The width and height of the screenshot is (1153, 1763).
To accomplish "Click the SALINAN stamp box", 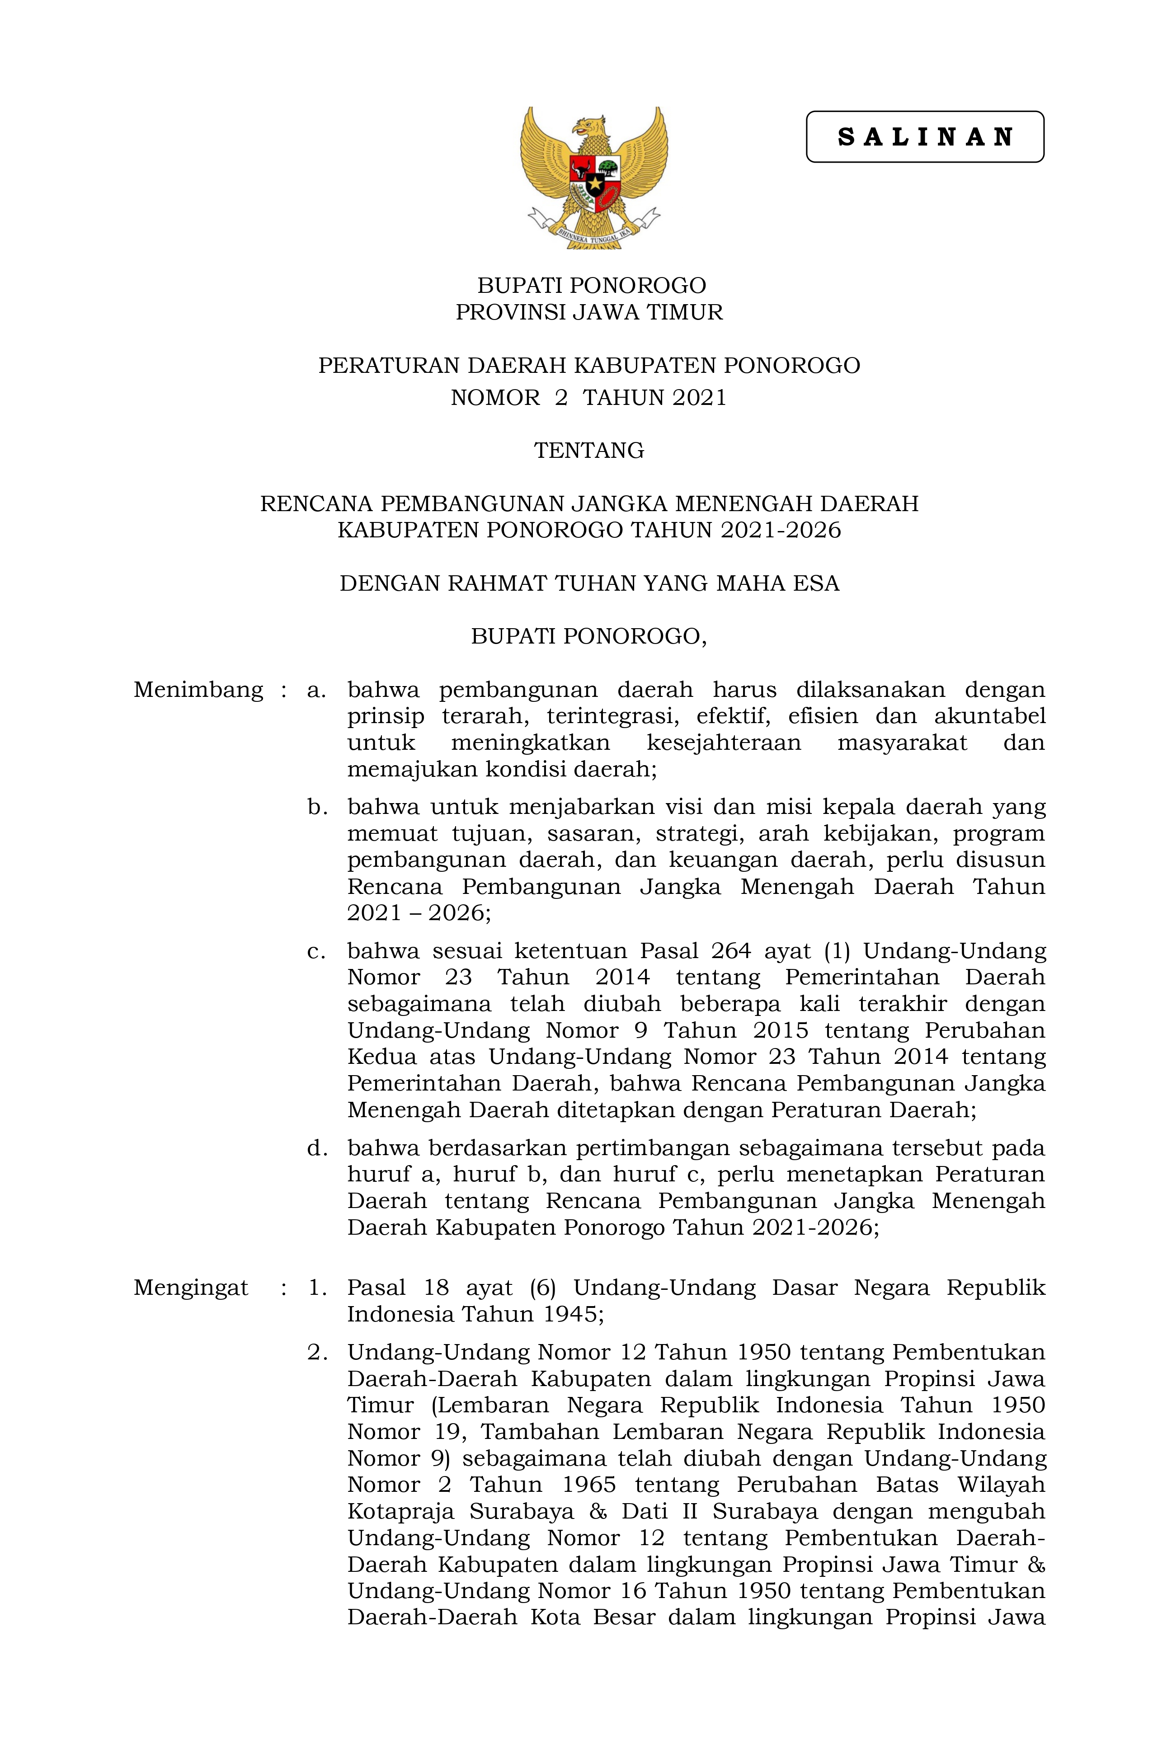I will (x=924, y=137).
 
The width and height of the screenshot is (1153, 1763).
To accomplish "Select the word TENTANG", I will (x=589, y=451).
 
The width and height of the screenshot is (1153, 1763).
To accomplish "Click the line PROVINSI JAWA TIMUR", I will (x=589, y=312).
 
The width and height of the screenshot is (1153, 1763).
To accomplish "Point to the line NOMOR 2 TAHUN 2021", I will (x=589, y=398).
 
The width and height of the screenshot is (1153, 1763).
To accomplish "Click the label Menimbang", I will (x=198, y=690).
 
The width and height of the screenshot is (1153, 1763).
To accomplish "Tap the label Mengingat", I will (x=190, y=1288).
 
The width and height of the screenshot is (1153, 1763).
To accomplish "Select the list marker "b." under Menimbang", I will (x=317, y=807).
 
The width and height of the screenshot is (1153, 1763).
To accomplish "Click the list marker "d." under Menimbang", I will (x=317, y=1148).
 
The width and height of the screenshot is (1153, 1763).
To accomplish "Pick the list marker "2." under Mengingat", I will (x=317, y=1353).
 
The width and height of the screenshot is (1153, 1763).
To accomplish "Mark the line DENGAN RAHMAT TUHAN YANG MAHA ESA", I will (x=589, y=584).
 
